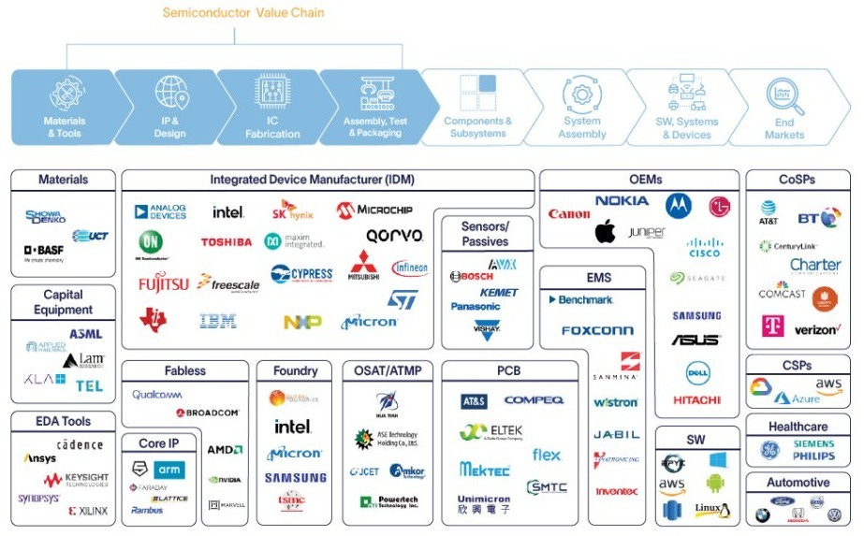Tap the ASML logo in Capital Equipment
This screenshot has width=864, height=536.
pyautogui.click(x=86, y=334)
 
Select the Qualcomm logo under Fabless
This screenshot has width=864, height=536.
pyautogui.click(x=157, y=395)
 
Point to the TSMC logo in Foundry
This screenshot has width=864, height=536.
pyautogui.click(x=292, y=502)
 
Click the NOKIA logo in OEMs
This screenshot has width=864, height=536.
pyautogui.click(x=621, y=200)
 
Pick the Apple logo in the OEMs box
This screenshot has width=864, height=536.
pyautogui.click(x=605, y=230)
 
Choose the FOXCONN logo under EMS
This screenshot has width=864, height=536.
pyautogui.click(x=597, y=330)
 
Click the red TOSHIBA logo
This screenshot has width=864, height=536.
pyautogui.click(x=226, y=242)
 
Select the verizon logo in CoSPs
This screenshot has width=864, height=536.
pyautogui.click(x=816, y=330)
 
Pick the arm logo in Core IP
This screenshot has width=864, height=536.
pyautogui.click(x=169, y=469)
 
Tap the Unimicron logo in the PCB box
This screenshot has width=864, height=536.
pyautogui.click(x=485, y=499)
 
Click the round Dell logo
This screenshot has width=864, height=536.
pyautogui.click(x=696, y=372)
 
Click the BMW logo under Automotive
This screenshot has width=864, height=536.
pyautogui.click(x=763, y=514)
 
